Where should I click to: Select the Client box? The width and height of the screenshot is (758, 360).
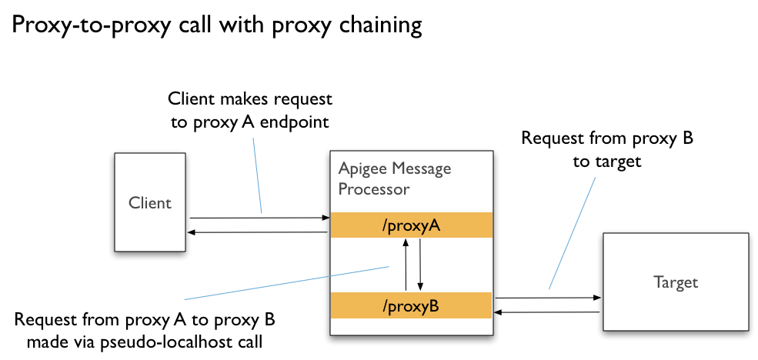pyautogui.click(x=150, y=202)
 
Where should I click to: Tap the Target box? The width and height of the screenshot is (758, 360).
pyautogui.click(x=675, y=282)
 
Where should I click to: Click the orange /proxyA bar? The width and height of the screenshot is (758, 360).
pyautogui.click(x=410, y=225)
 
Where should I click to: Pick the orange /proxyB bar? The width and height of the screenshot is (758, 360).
pyautogui.click(x=410, y=306)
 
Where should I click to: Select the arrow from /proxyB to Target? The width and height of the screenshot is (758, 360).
pyautogui.click(x=546, y=298)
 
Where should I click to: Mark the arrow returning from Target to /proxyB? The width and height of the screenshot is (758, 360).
pyautogui.click(x=546, y=312)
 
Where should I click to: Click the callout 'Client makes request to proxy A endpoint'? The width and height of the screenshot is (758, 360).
pyautogui.click(x=250, y=110)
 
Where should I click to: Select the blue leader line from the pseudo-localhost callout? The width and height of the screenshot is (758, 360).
pyautogui.click(x=285, y=283)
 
